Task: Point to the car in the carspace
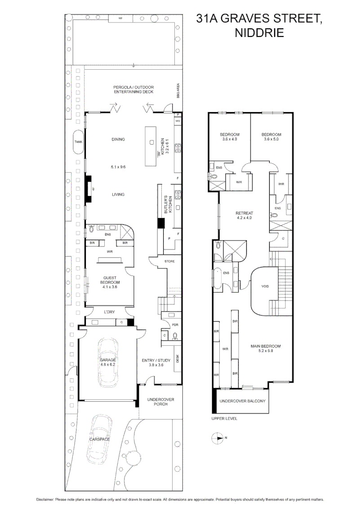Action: click(99, 438)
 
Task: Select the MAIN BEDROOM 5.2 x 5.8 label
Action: click(266, 348)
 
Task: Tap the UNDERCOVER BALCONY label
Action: click(242, 401)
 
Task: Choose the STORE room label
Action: click(169, 261)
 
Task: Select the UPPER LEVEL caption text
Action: click(224, 418)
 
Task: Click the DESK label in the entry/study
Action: click(178, 358)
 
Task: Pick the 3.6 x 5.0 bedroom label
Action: click(271, 137)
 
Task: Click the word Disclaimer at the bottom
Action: click(45, 500)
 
